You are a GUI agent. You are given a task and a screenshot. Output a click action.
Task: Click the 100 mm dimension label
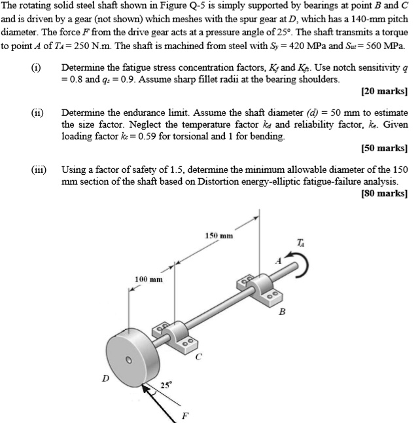(148, 280)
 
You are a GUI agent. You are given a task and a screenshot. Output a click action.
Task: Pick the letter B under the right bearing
(282, 312)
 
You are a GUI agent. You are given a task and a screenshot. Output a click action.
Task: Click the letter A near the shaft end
(277, 261)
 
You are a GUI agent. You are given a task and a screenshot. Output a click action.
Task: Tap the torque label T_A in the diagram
(300, 242)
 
